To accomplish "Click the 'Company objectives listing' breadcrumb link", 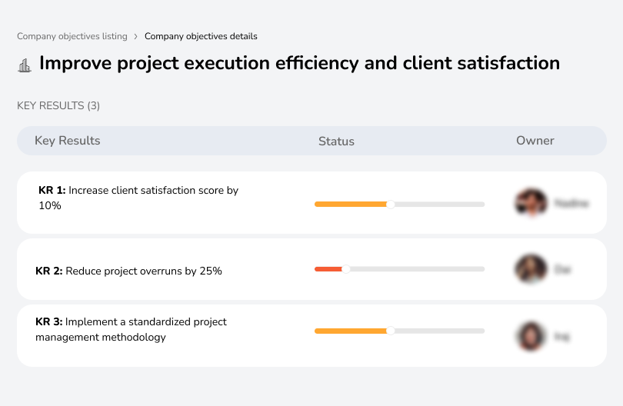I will [x=72, y=36].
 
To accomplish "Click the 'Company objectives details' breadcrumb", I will [x=201, y=36].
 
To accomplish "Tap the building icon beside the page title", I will [x=25, y=65].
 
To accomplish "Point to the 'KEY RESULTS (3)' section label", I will [x=58, y=105].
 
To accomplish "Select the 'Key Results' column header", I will [x=67, y=141].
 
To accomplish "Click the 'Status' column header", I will [x=336, y=141].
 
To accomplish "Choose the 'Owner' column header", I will [x=535, y=141].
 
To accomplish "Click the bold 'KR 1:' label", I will [x=52, y=191].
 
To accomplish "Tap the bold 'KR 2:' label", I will [x=49, y=271].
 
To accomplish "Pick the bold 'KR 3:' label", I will [x=49, y=322].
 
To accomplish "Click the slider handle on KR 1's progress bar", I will [x=391, y=204].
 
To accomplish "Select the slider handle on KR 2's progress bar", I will [x=346, y=268].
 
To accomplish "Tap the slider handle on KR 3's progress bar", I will [x=391, y=331].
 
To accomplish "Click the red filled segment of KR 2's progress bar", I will [x=328, y=268].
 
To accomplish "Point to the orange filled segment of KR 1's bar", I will [x=350, y=204].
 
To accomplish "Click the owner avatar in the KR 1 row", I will [x=530, y=203].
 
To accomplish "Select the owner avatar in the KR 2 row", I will [x=530, y=269].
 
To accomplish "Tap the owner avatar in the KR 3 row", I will [x=530, y=335].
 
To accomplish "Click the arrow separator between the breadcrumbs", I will [x=136, y=36].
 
